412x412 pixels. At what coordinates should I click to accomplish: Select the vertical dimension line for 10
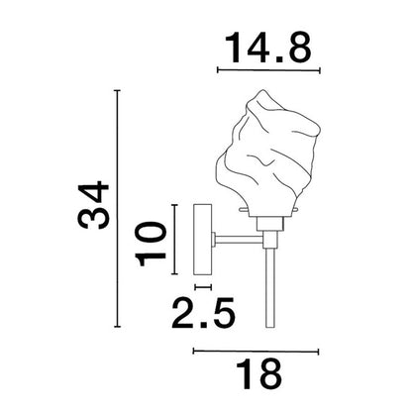tap(174, 241)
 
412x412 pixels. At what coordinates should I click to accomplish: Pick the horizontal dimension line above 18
tap(256, 350)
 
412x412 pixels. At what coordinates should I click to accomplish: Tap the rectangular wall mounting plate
tap(204, 241)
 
